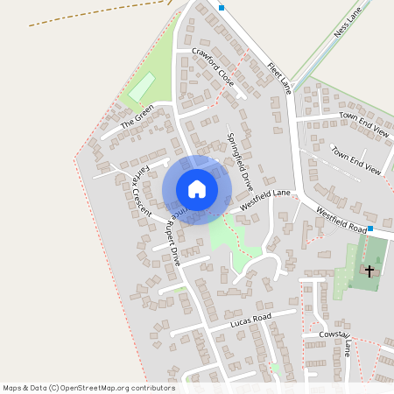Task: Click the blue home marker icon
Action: tap(197, 189)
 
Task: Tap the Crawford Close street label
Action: tap(214, 66)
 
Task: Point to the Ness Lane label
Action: tap(348, 25)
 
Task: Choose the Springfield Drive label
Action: tap(240, 162)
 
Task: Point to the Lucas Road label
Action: tap(252, 320)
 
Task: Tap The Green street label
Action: tap(137, 115)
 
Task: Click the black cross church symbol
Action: tap(369, 271)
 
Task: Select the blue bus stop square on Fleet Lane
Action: tap(222, 8)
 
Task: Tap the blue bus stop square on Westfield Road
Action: tap(371, 229)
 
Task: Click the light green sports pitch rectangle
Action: tap(142, 87)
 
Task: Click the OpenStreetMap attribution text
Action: tap(88, 387)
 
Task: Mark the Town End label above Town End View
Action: tap(364, 123)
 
